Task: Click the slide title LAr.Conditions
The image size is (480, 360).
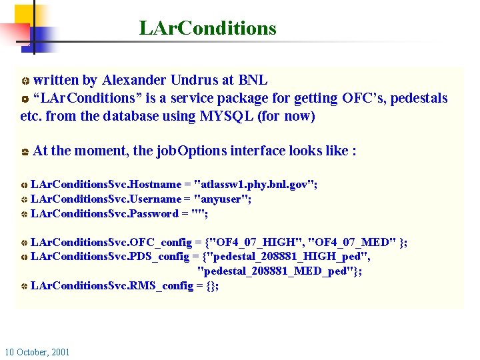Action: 207,29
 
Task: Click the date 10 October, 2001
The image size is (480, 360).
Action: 37,352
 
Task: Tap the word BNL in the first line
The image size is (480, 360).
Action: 253,80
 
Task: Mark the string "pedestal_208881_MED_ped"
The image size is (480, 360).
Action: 277,271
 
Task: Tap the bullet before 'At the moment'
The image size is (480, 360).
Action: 24,152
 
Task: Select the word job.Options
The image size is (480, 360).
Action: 190,151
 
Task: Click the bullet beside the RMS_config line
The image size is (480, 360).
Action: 24,287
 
